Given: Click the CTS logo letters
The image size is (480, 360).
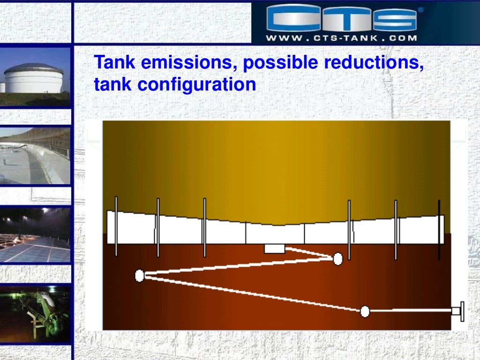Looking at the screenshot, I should tap(341, 19).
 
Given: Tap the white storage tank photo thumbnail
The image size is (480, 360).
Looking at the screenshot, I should tap(35, 77).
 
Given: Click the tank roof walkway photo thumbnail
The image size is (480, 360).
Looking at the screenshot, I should tap(35, 156).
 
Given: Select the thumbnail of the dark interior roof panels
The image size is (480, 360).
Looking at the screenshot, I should tap(35, 234).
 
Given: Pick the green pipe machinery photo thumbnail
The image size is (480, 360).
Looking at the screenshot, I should tap(35, 313).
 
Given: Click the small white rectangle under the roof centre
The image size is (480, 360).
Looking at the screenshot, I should tap(274, 248).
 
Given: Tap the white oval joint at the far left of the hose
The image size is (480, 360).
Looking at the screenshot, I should tap(139, 276).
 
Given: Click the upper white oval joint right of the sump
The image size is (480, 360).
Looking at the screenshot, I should tap(338, 258).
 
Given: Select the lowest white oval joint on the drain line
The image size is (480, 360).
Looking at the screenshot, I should tap(365, 311).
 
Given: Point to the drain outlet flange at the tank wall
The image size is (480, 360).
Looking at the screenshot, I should tap(459, 311).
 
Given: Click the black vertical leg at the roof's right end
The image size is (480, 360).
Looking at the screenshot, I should tap(439, 230).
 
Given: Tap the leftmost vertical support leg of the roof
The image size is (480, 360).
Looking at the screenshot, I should tap(116, 226).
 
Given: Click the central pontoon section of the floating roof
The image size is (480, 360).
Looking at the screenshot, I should tap(275, 233).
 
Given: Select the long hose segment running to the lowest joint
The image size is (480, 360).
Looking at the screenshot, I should tap(253, 293).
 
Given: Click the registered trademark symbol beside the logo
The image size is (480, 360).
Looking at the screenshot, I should tap(420, 9).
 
